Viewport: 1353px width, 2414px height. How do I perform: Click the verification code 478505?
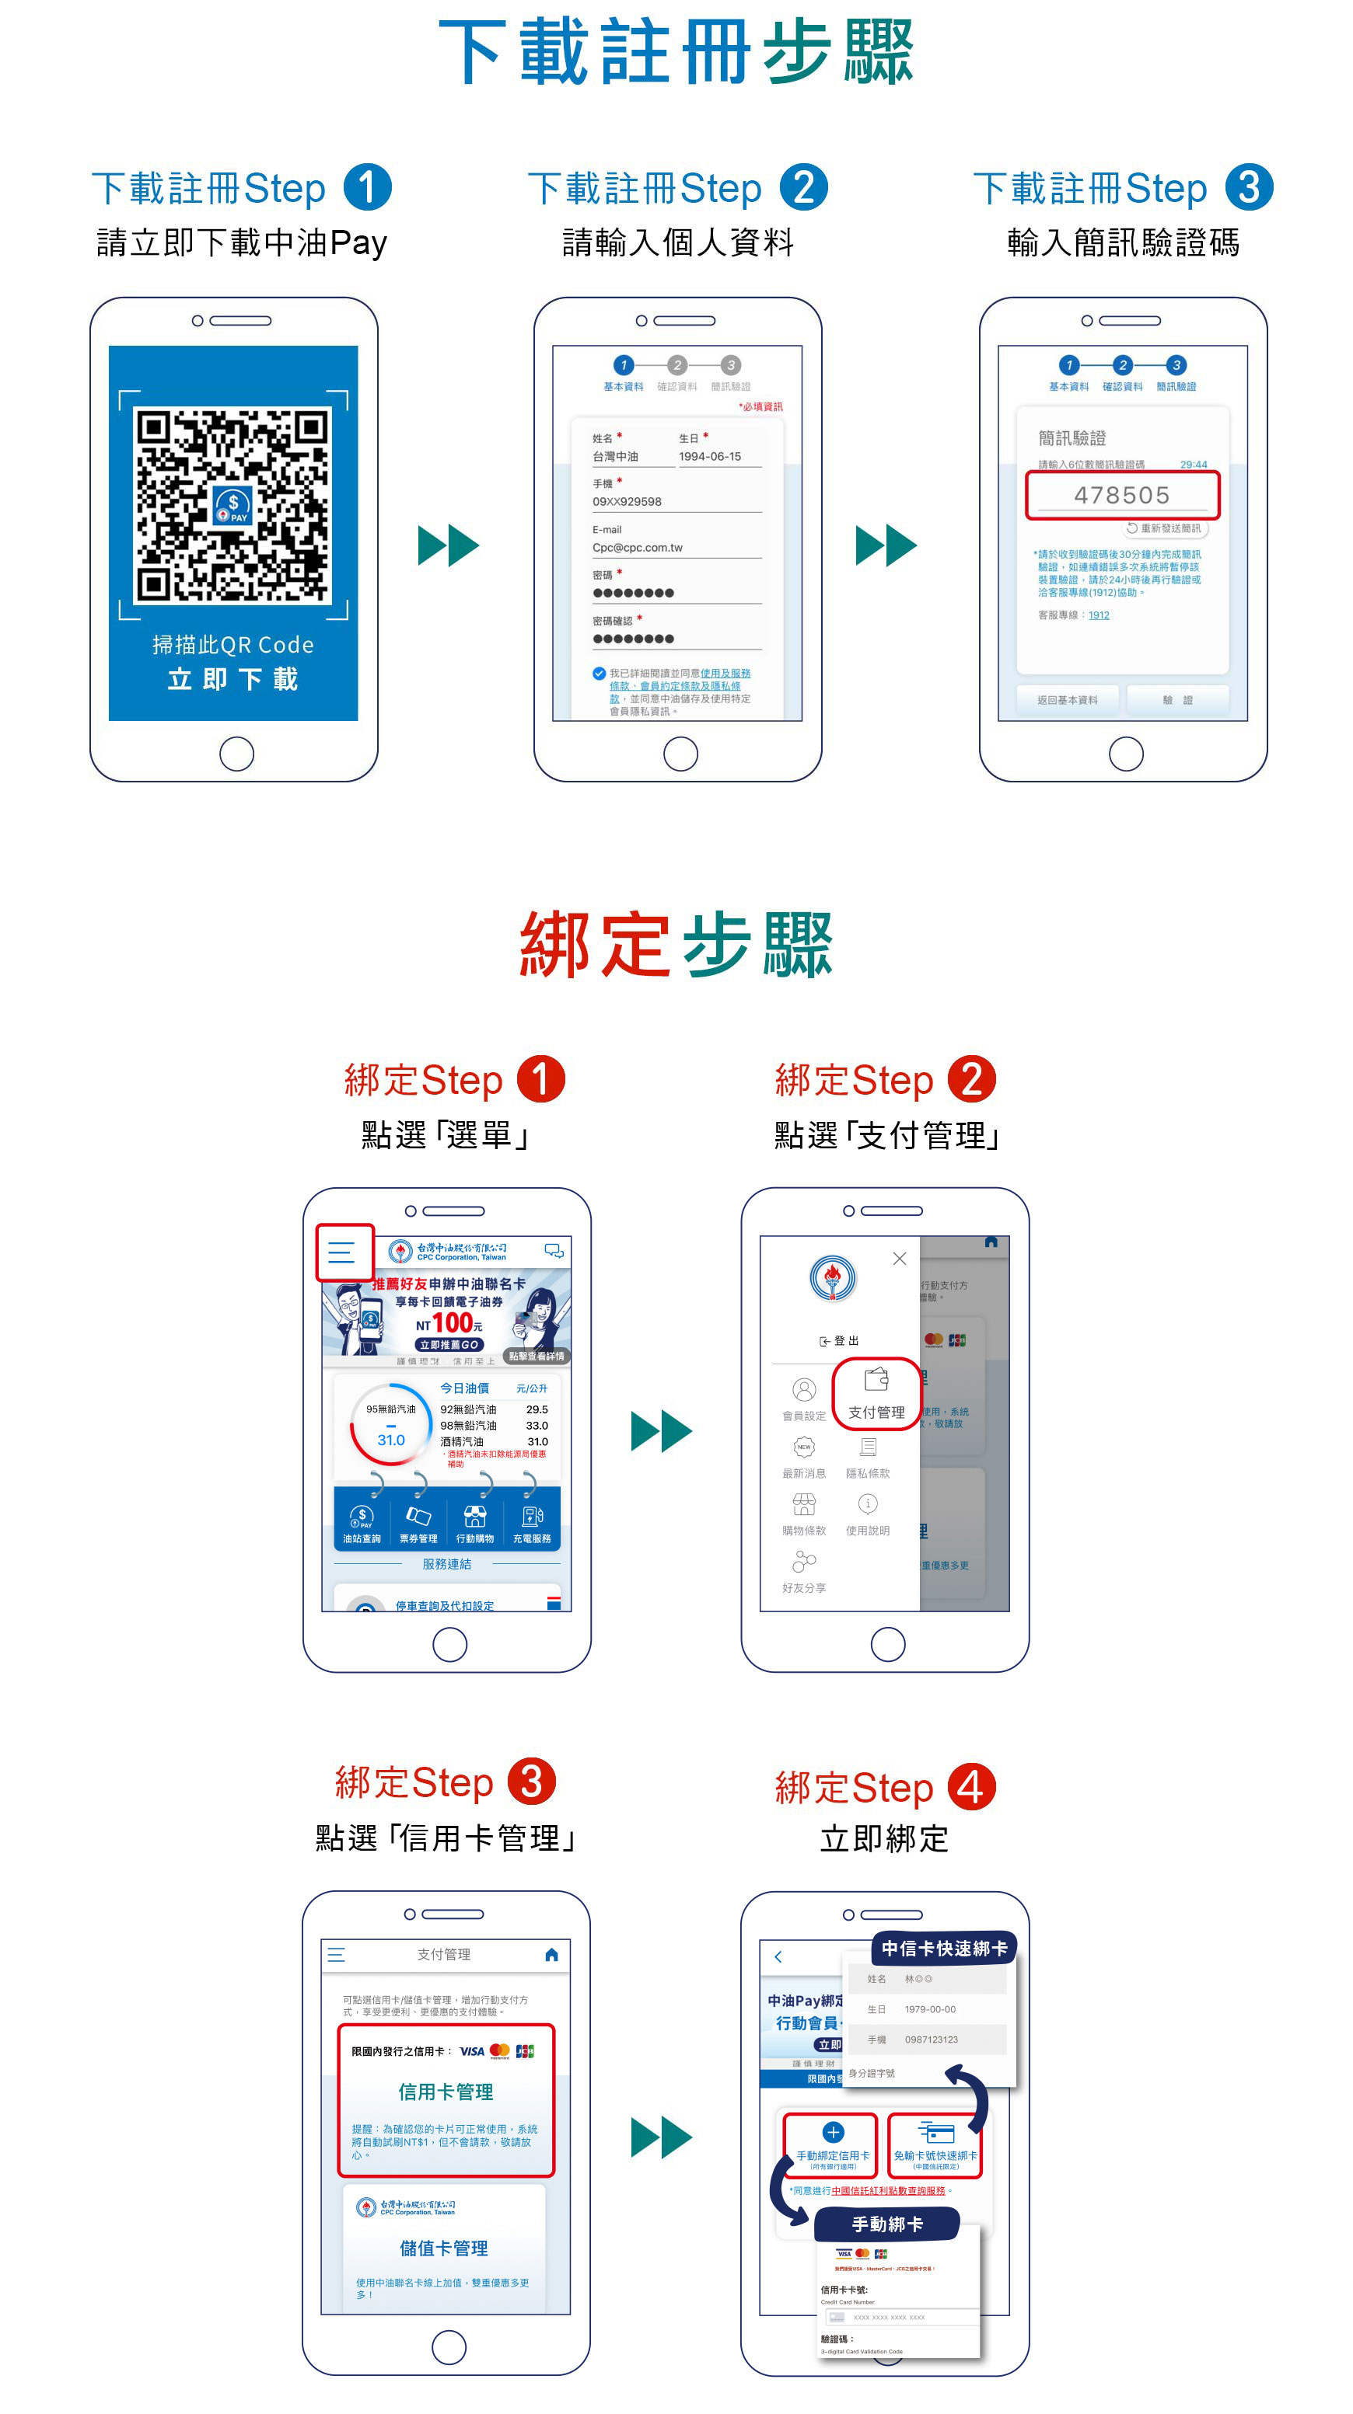click(x=1121, y=495)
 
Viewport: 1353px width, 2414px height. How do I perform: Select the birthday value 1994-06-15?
click(x=710, y=456)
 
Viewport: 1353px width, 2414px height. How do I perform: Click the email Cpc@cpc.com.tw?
click(x=638, y=547)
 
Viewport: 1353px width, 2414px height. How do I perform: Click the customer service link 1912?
click(x=1098, y=615)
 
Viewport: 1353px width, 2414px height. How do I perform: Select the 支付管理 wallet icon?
click(x=876, y=1381)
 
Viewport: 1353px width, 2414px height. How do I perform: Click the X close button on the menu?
click(x=899, y=1259)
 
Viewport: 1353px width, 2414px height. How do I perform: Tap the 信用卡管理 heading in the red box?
click(x=446, y=2092)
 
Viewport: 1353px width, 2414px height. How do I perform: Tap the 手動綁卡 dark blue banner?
click(x=886, y=2224)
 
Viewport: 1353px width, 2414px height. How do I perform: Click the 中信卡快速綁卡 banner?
click(x=944, y=1949)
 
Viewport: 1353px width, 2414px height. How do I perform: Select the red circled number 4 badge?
click(x=971, y=1786)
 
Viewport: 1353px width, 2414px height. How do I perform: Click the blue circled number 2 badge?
click(x=803, y=187)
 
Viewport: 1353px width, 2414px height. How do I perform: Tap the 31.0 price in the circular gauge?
click(x=391, y=1440)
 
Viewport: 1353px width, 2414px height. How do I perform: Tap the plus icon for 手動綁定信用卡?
click(x=833, y=2132)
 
